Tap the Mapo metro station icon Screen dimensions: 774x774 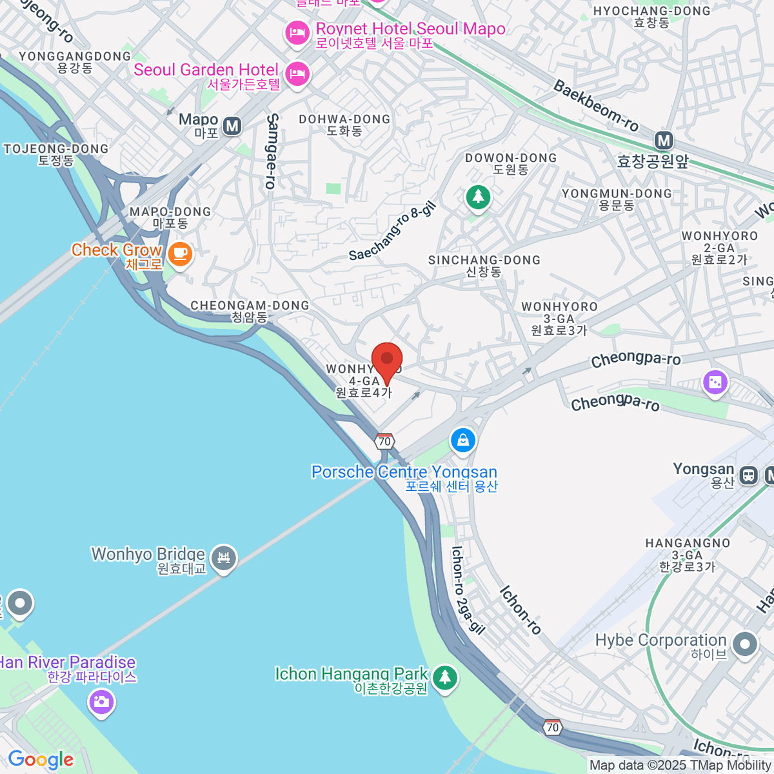click(x=232, y=126)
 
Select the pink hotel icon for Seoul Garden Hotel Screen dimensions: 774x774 click(x=297, y=74)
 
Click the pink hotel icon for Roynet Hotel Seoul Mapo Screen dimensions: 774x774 click(x=297, y=32)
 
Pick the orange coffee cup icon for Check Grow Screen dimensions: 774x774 click(x=180, y=253)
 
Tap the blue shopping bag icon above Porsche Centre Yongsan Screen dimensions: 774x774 click(x=462, y=441)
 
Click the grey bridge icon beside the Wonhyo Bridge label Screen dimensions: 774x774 click(x=224, y=558)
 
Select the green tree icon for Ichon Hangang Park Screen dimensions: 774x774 click(x=444, y=677)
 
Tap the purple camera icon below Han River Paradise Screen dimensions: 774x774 click(x=101, y=702)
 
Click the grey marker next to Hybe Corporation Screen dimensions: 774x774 click(x=745, y=644)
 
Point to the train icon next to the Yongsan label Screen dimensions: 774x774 click(x=749, y=475)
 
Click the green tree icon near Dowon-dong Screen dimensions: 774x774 click(x=478, y=196)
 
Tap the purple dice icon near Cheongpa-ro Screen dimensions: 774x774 click(x=715, y=383)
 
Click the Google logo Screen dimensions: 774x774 click(x=41, y=760)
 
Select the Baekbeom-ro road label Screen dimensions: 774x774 click(x=596, y=106)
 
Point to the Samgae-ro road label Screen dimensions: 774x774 click(x=272, y=152)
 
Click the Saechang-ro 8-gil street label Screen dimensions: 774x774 click(x=393, y=232)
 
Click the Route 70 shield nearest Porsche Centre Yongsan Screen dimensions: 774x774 click(x=384, y=441)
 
